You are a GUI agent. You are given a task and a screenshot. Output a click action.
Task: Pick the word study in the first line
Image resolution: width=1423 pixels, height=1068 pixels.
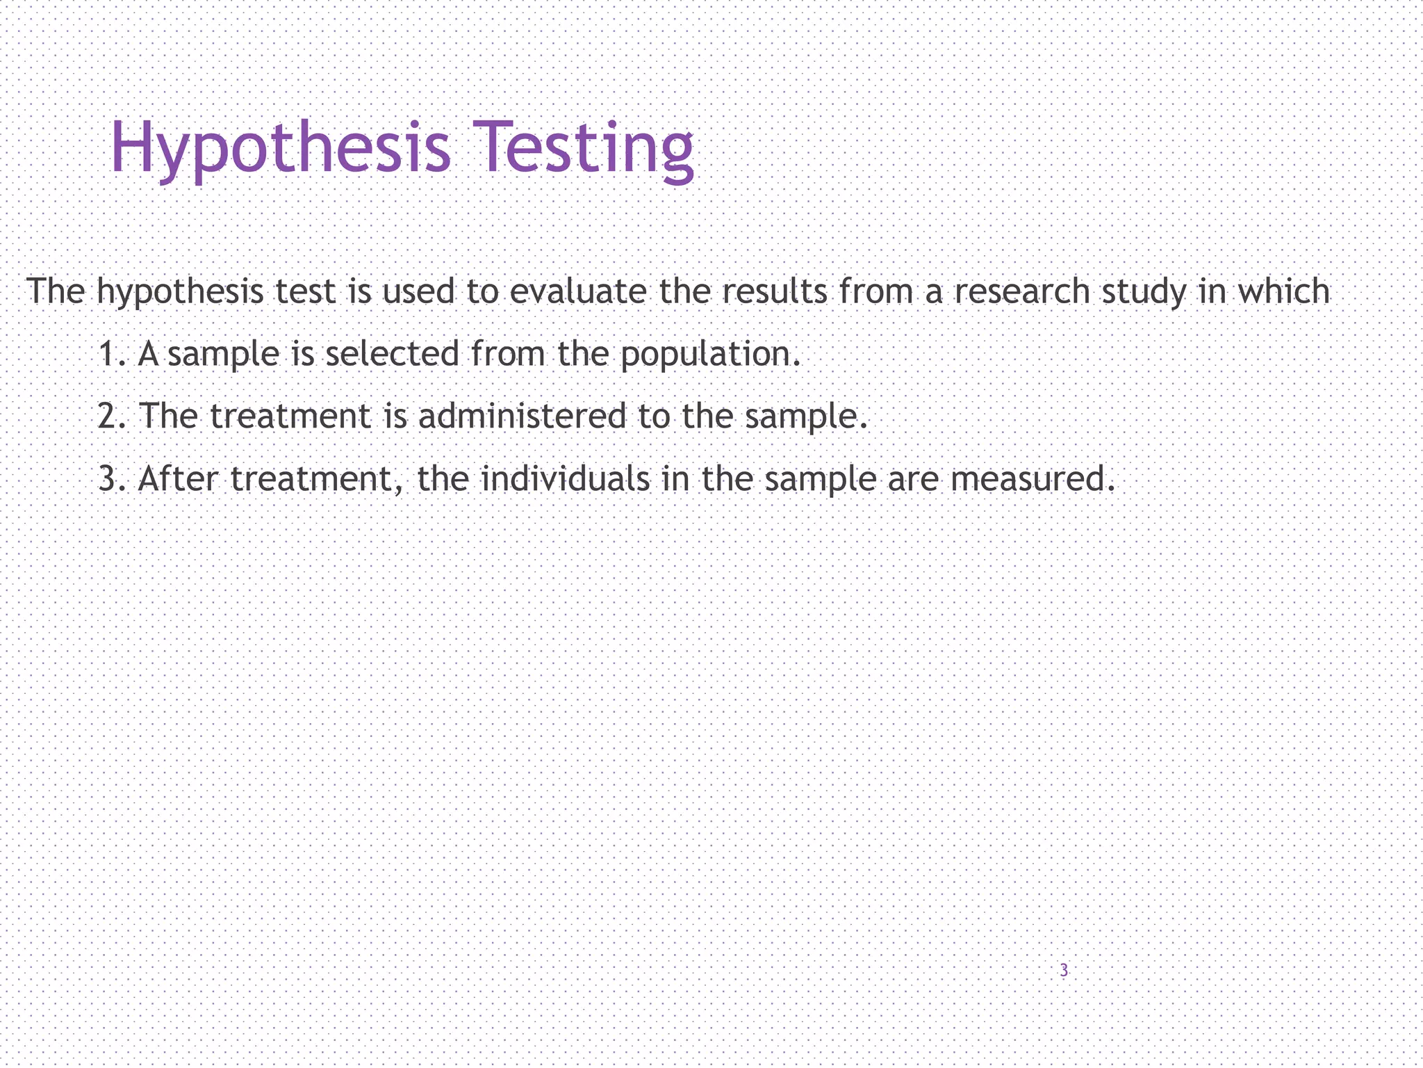pyautogui.click(x=1144, y=292)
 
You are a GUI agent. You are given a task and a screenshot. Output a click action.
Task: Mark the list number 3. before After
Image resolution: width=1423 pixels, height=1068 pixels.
pyautogui.click(x=111, y=479)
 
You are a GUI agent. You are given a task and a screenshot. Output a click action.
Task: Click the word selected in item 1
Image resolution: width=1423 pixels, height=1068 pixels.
pyautogui.click(x=392, y=353)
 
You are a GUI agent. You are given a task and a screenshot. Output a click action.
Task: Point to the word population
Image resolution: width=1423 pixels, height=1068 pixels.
pyautogui.click(x=705, y=355)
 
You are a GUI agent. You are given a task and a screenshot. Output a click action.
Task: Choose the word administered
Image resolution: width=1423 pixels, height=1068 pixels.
pyautogui.click(x=522, y=416)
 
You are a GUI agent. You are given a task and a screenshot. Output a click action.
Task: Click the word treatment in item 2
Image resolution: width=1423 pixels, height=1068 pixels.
pyautogui.click(x=290, y=416)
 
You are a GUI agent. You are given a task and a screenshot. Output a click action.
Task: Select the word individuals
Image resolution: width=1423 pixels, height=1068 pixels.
pyautogui.click(x=565, y=478)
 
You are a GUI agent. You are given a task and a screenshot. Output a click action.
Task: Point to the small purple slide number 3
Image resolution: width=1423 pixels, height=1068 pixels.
pyautogui.click(x=1064, y=970)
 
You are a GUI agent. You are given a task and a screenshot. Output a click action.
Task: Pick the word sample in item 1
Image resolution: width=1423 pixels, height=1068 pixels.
pyautogui.click(x=223, y=355)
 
